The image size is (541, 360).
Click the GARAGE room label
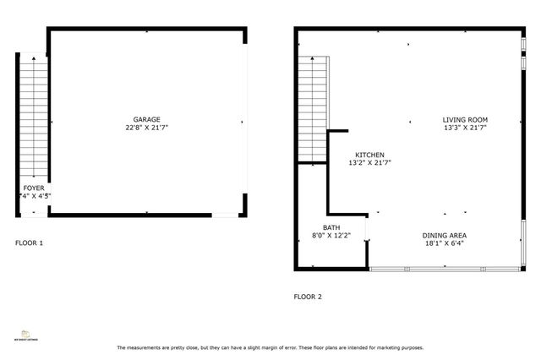click(x=146, y=119)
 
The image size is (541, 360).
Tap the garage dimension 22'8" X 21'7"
click(x=146, y=128)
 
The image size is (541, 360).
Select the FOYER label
click(x=34, y=188)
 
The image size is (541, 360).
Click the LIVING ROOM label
click(x=465, y=119)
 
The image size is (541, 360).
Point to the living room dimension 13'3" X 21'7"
click(x=465, y=128)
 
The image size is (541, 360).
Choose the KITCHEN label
click(x=369, y=155)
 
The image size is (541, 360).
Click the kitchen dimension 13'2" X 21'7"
click(x=369, y=162)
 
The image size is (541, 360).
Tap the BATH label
click(x=331, y=226)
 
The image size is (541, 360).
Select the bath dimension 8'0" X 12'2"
click(x=331, y=235)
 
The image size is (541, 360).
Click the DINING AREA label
click(x=445, y=235)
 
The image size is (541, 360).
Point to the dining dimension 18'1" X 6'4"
click(x=445, y=243)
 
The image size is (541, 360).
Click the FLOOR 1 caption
click(x=30, y=243)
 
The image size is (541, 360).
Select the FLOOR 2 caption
click(x=308, y=297)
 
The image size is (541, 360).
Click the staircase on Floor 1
click(x=33, y=118)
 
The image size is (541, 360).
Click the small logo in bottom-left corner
click(x=26, y=332)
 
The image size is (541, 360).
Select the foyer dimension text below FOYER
click(x=34, y=196)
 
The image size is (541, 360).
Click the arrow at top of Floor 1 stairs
click(x=33, y=59)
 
